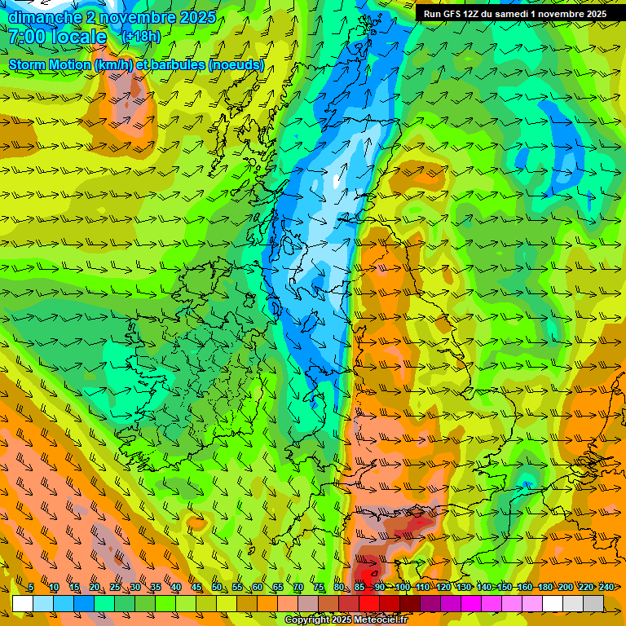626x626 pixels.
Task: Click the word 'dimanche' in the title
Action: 44,17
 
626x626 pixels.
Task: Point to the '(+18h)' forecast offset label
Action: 140,37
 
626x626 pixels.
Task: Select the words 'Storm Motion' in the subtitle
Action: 50,64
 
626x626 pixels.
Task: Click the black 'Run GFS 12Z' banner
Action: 514,13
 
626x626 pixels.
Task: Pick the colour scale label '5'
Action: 31,587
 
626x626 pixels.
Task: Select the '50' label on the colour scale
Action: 217,587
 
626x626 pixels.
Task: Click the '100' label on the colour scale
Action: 402,587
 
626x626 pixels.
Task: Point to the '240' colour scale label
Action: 606,587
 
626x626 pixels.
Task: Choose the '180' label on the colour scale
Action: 544,587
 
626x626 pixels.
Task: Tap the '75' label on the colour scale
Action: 319,587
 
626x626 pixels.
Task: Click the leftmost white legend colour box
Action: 23,603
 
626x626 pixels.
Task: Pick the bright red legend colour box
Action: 369,603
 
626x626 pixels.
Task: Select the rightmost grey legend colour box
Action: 593,603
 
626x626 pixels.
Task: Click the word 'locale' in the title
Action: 82,37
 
